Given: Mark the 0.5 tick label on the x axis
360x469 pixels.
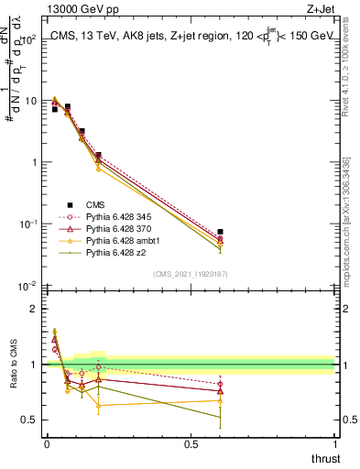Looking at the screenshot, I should coord(190,444).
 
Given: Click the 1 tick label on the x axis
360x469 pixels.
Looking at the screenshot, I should coord(334,444).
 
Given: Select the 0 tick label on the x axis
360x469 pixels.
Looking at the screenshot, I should coord(46,444).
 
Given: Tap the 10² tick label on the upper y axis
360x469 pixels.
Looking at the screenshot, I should coord(27,39).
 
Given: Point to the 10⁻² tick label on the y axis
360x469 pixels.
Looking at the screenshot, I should coord(27,286).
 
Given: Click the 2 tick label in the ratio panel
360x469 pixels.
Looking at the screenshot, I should coord(33,309).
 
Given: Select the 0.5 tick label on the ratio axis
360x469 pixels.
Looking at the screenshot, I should coord(28,420).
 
